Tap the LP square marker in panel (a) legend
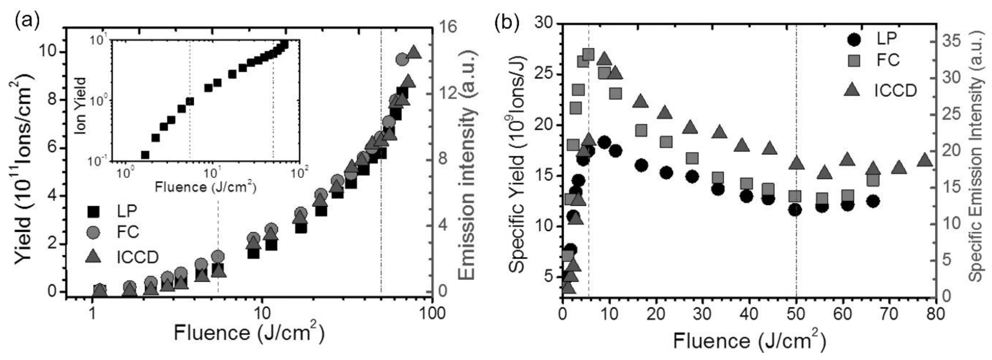tap(93, 211)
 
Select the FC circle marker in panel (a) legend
tap(93, 232)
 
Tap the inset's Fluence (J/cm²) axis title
tap(205, 187)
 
